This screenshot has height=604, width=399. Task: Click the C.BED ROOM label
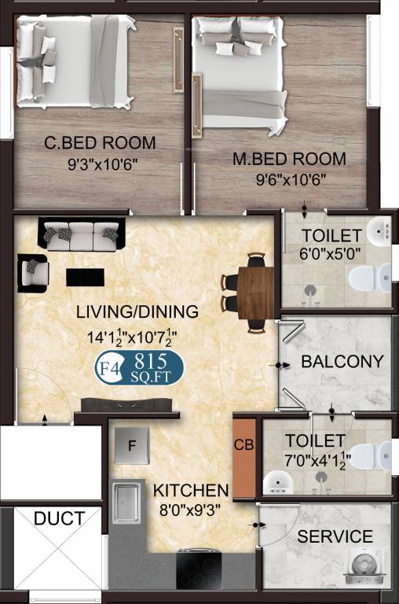(100, 143)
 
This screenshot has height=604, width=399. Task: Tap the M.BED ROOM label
(289, 159)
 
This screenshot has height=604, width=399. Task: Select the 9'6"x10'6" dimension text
(290, 179)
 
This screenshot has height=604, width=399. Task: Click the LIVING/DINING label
(137, 312)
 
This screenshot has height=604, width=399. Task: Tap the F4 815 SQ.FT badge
(139, 367)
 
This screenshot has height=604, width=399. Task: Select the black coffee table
(85, 277)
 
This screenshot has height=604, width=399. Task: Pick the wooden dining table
(255, 292)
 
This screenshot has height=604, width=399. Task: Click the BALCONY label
(342, 363)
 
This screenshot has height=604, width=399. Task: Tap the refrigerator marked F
(133, 447)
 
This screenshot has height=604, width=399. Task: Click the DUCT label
(60, 518)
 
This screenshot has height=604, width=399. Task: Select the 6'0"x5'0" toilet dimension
(330, 254)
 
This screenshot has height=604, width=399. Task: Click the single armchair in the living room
(33, 272)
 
